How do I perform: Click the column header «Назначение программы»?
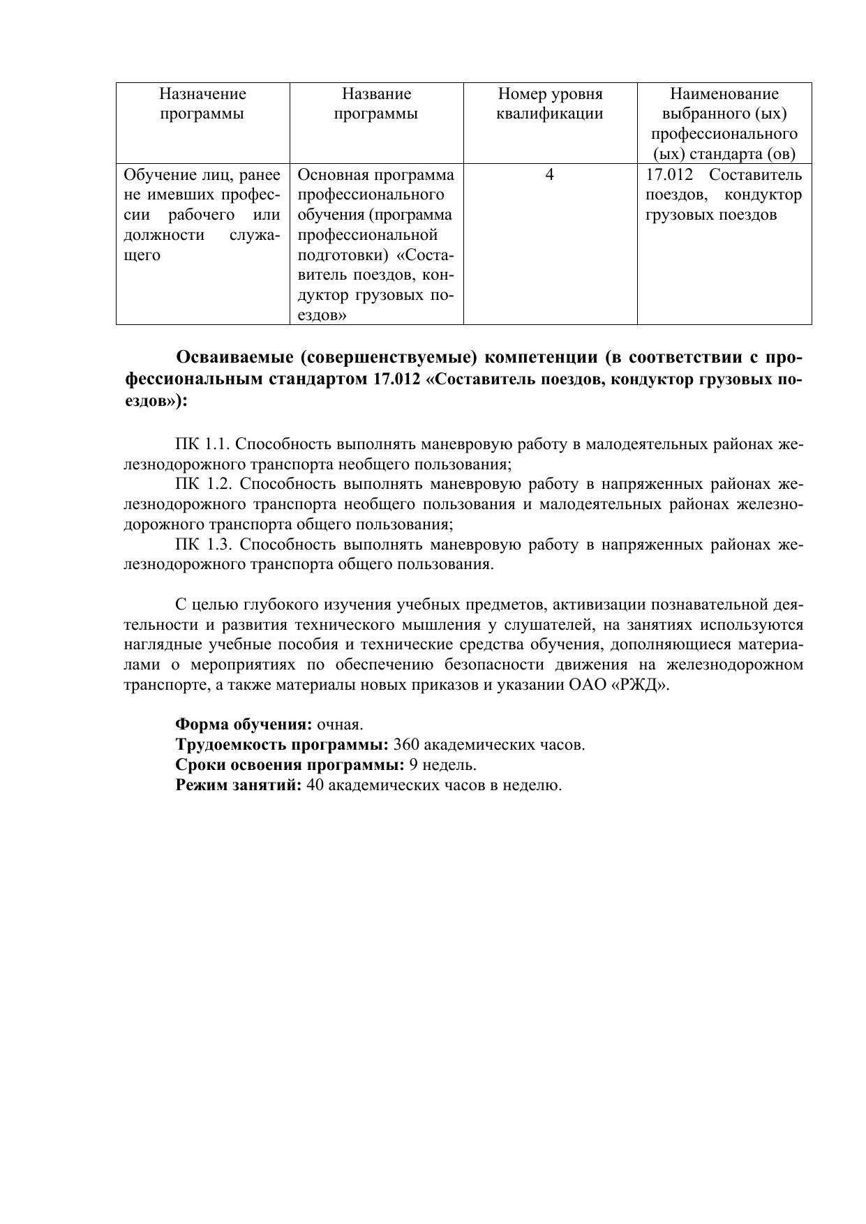(202, 104)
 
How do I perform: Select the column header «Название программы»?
(376, 104)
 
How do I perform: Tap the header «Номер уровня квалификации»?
(550, 104)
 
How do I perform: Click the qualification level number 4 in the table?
(550, 174)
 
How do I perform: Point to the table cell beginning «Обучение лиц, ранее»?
(202, 214)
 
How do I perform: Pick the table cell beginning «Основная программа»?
(376, 244)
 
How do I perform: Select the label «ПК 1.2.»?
(202, 484)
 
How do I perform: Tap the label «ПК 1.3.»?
(202, 545)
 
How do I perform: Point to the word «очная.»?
(340, 724)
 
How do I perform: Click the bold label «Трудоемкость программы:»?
(282, 744)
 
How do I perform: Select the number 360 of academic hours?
(407, 744)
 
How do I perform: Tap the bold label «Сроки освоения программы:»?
(290, 764)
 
